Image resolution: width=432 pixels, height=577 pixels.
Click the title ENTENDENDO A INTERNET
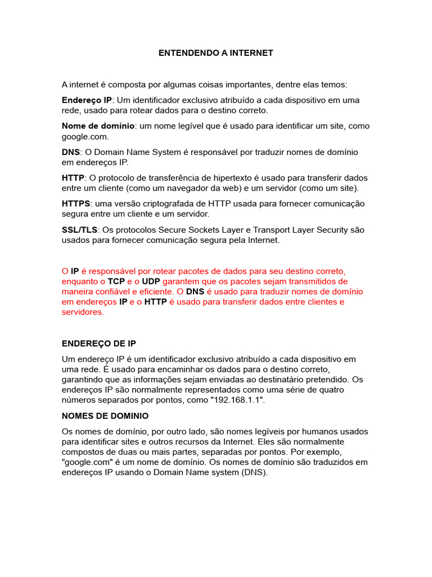click(215, 53)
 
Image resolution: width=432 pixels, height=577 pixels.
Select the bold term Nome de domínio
click(98, 126)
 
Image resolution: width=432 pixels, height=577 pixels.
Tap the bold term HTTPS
click(76, 204)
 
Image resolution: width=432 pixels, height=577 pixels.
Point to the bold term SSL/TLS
click(79, 230)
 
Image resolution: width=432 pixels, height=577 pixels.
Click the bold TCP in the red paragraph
click(116, 281)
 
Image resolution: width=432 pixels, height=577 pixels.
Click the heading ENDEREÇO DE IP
click(98, 343)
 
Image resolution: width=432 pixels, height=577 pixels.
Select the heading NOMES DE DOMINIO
click(105, 416)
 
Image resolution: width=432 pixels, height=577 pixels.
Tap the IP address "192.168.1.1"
click(238, 400)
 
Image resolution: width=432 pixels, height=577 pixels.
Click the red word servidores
click(83, 312)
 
